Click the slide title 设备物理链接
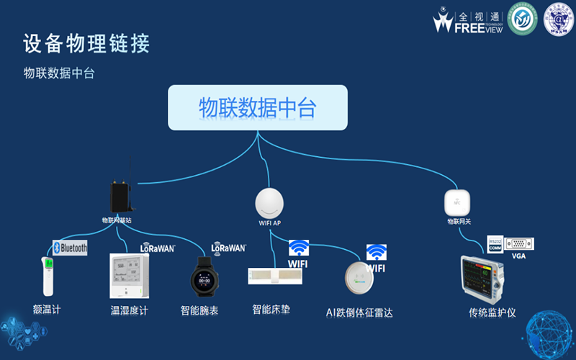pyautogui.click(x=86, y=44)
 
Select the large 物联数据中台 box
pyautogui.click(x=258, y=108)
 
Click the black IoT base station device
pyautogui.click(x=120, y=196)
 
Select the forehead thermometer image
pyautogui.click(x=48, y=276)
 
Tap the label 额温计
pyautogui.click(x=47, y=310)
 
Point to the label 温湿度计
pyautogui.click(x=129, y=310)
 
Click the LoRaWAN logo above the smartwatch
pyautogui.click(x=229, y=248)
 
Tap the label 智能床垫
pyautogui.click(x=271, y=310)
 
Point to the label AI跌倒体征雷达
pyautogui.click(x=359, y=312)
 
